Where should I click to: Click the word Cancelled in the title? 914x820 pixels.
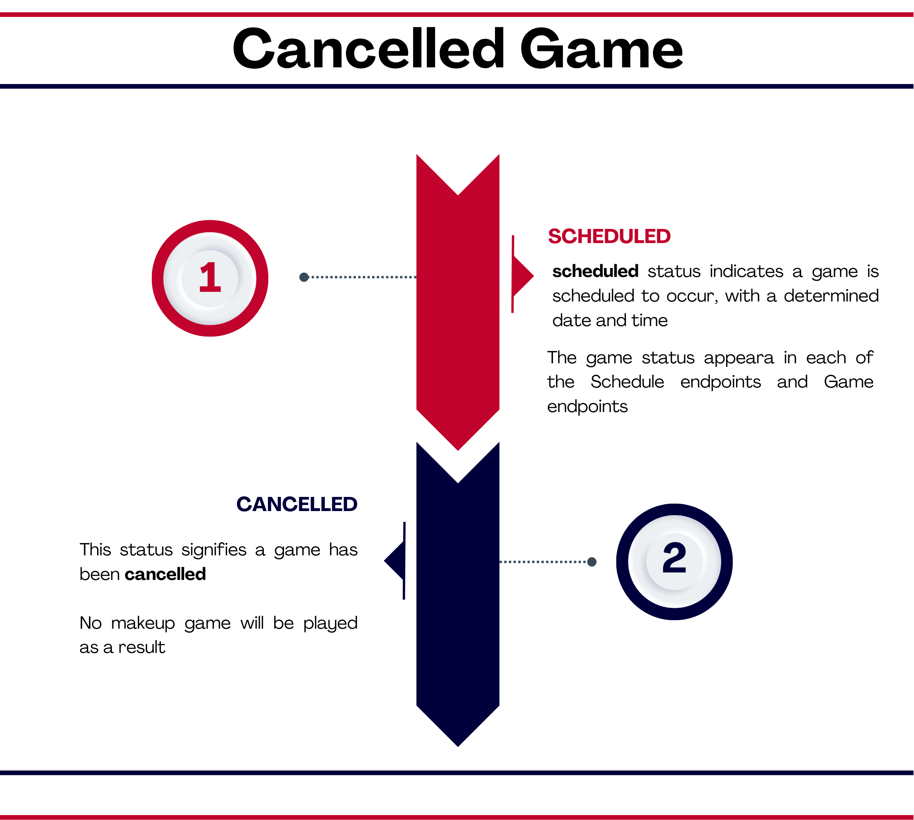point(368,48)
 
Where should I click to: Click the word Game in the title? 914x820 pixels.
point(601,48)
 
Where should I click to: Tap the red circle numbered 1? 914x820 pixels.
point(210,278)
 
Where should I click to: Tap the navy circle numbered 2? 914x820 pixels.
point(674,561)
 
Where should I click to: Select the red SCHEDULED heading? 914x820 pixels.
point(609,236)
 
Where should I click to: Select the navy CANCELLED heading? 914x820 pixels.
point(297,504)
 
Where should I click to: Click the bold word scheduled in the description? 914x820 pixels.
point(595,271)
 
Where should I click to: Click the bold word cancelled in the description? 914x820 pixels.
point(165,574)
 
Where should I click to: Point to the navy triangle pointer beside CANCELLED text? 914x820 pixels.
point(395,561)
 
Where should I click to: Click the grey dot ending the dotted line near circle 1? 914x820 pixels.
point(304,277)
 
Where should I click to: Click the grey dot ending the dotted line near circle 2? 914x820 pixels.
point(592,561)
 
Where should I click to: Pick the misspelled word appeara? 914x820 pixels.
point(739,358)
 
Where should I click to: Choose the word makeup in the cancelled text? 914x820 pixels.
point(143,623)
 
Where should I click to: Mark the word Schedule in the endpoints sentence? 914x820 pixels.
point(627,382)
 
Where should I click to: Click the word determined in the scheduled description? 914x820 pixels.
point(831,296)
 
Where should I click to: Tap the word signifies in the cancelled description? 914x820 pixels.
point(214,550)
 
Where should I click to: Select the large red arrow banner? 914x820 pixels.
point(458,302)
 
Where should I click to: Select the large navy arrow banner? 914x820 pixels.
point(458,595)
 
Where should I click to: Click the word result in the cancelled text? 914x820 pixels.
point(141,647)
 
